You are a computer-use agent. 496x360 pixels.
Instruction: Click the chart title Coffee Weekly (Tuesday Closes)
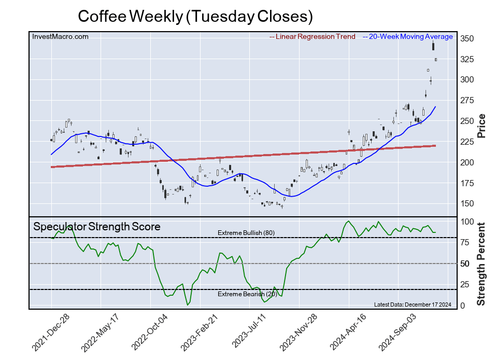(195, 16)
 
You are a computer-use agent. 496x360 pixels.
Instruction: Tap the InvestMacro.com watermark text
(60, 36)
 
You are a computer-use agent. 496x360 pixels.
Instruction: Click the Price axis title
(481, 125)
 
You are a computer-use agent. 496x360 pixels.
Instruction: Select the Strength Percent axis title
(481, 264)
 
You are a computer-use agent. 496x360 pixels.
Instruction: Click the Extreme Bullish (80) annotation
(246, 233)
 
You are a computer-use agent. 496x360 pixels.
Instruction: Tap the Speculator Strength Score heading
(96, 227)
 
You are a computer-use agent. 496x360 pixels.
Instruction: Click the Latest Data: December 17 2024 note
(412, 304)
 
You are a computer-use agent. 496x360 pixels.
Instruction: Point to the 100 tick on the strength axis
(466, 221)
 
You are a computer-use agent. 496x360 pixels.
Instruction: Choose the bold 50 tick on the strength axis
(466, 264)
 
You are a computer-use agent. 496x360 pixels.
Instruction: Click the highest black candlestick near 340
(433, 47)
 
